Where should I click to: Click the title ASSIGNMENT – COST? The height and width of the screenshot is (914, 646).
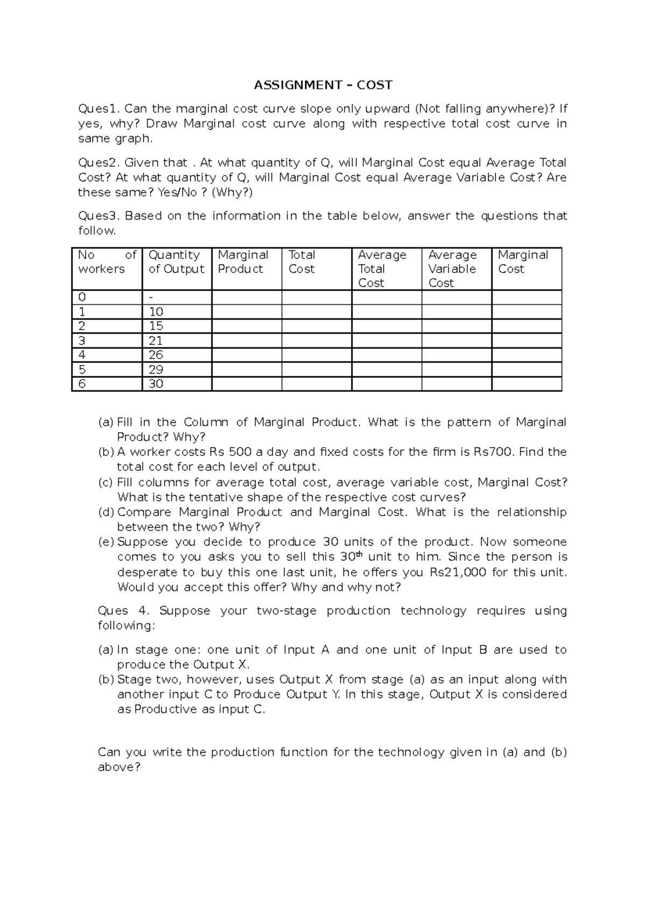(323, 85)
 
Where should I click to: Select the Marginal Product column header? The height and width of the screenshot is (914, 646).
(243, 262)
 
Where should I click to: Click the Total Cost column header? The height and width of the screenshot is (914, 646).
(301, 262)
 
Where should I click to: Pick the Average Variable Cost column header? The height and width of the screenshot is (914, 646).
(452, 269)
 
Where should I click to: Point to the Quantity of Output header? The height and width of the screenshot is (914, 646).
(176, 262)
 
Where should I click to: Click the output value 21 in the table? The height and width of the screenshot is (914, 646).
(156, 341)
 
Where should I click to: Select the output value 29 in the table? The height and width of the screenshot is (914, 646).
(156, 370)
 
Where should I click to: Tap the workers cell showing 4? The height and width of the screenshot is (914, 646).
(82, 355)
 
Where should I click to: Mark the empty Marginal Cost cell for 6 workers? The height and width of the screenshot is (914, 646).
(526, 384)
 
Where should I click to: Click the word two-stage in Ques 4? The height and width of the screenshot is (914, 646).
(286, 611)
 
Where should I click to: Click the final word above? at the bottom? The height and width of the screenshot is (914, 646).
(119, 767)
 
